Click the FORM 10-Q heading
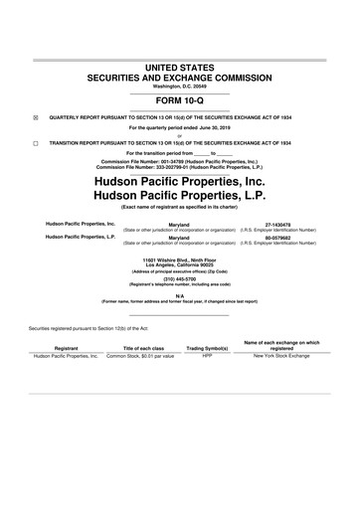click(180, 100)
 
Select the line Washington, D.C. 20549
click(180, 85)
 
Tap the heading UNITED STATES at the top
click(180, 66)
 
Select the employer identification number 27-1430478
click(292, 225)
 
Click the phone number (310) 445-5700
click(180, 279)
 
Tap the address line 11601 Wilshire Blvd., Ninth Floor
click(180, 259)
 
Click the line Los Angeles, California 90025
click(180, 265)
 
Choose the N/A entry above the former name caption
click(180, 295)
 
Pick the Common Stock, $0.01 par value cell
click(140, 356)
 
